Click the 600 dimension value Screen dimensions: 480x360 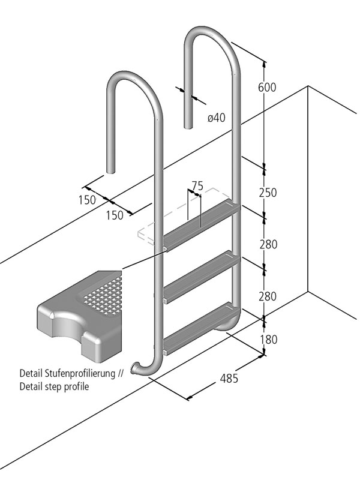[x=266, y=88]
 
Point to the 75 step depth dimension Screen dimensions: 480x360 [x=197, y=185]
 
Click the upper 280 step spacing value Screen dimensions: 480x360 [x=267, y=244]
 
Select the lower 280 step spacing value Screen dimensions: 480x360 [x=267, y=296]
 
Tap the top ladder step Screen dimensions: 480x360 [x=201, y=225]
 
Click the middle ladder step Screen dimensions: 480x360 [x=201, y=276]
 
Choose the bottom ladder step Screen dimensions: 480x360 [x=201, y=327]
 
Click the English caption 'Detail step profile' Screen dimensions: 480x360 [x=54, y=387]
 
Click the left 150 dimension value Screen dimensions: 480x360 [x=87, y=200]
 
